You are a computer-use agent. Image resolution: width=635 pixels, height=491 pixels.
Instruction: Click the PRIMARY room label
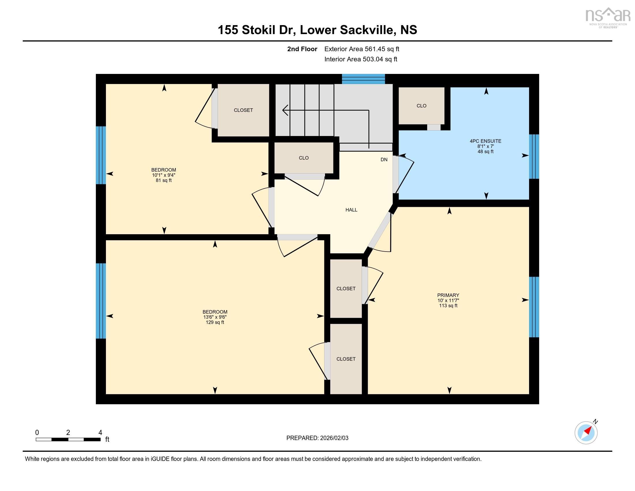click(x=448, y=295)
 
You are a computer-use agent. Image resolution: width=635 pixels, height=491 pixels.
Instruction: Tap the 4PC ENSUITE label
click(x=485, y=141)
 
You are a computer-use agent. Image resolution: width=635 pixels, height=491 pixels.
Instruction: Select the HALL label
click(x=351, y=210)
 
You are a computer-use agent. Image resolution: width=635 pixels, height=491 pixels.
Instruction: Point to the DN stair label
click(x=384, y=159)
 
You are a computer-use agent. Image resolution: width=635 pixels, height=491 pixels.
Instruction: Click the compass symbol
click(x=586, y=433)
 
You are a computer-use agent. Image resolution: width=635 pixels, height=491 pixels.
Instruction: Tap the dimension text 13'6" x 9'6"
click(x=215, y=317)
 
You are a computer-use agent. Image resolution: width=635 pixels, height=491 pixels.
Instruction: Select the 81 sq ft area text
click(x=164, y=180)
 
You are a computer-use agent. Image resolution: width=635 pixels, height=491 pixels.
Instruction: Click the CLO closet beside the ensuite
click(x=421, y=106)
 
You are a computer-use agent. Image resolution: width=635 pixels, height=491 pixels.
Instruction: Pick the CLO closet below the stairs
click(x=304, y=158)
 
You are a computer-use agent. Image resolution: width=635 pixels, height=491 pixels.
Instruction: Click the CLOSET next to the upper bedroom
click(x=243, y=110)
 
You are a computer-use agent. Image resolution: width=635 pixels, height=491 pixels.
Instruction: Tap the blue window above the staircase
click(x=363, y=79)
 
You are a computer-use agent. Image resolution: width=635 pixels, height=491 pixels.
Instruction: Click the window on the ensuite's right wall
click(x=534, y=157)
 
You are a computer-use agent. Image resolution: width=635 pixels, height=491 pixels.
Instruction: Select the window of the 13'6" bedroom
click(x=101, y=301)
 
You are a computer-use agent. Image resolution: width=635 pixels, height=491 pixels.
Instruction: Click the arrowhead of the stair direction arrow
click(x=285, y=110)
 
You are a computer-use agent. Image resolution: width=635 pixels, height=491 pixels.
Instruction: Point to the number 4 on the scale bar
click(x=100, y=433)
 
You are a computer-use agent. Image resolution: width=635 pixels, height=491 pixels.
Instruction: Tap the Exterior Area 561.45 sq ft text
click(x=362, y=49)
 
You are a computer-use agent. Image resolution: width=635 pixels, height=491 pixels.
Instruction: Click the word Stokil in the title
click(x=258, y=30)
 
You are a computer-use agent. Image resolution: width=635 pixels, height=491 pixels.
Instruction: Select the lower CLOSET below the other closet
click(x=346, y=359)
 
